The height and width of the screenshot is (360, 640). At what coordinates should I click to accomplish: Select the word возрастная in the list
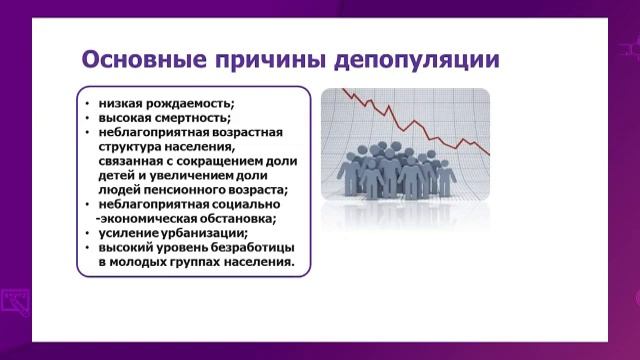coord(247,132)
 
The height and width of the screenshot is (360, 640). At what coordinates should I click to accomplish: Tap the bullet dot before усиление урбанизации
coord(88,234)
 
